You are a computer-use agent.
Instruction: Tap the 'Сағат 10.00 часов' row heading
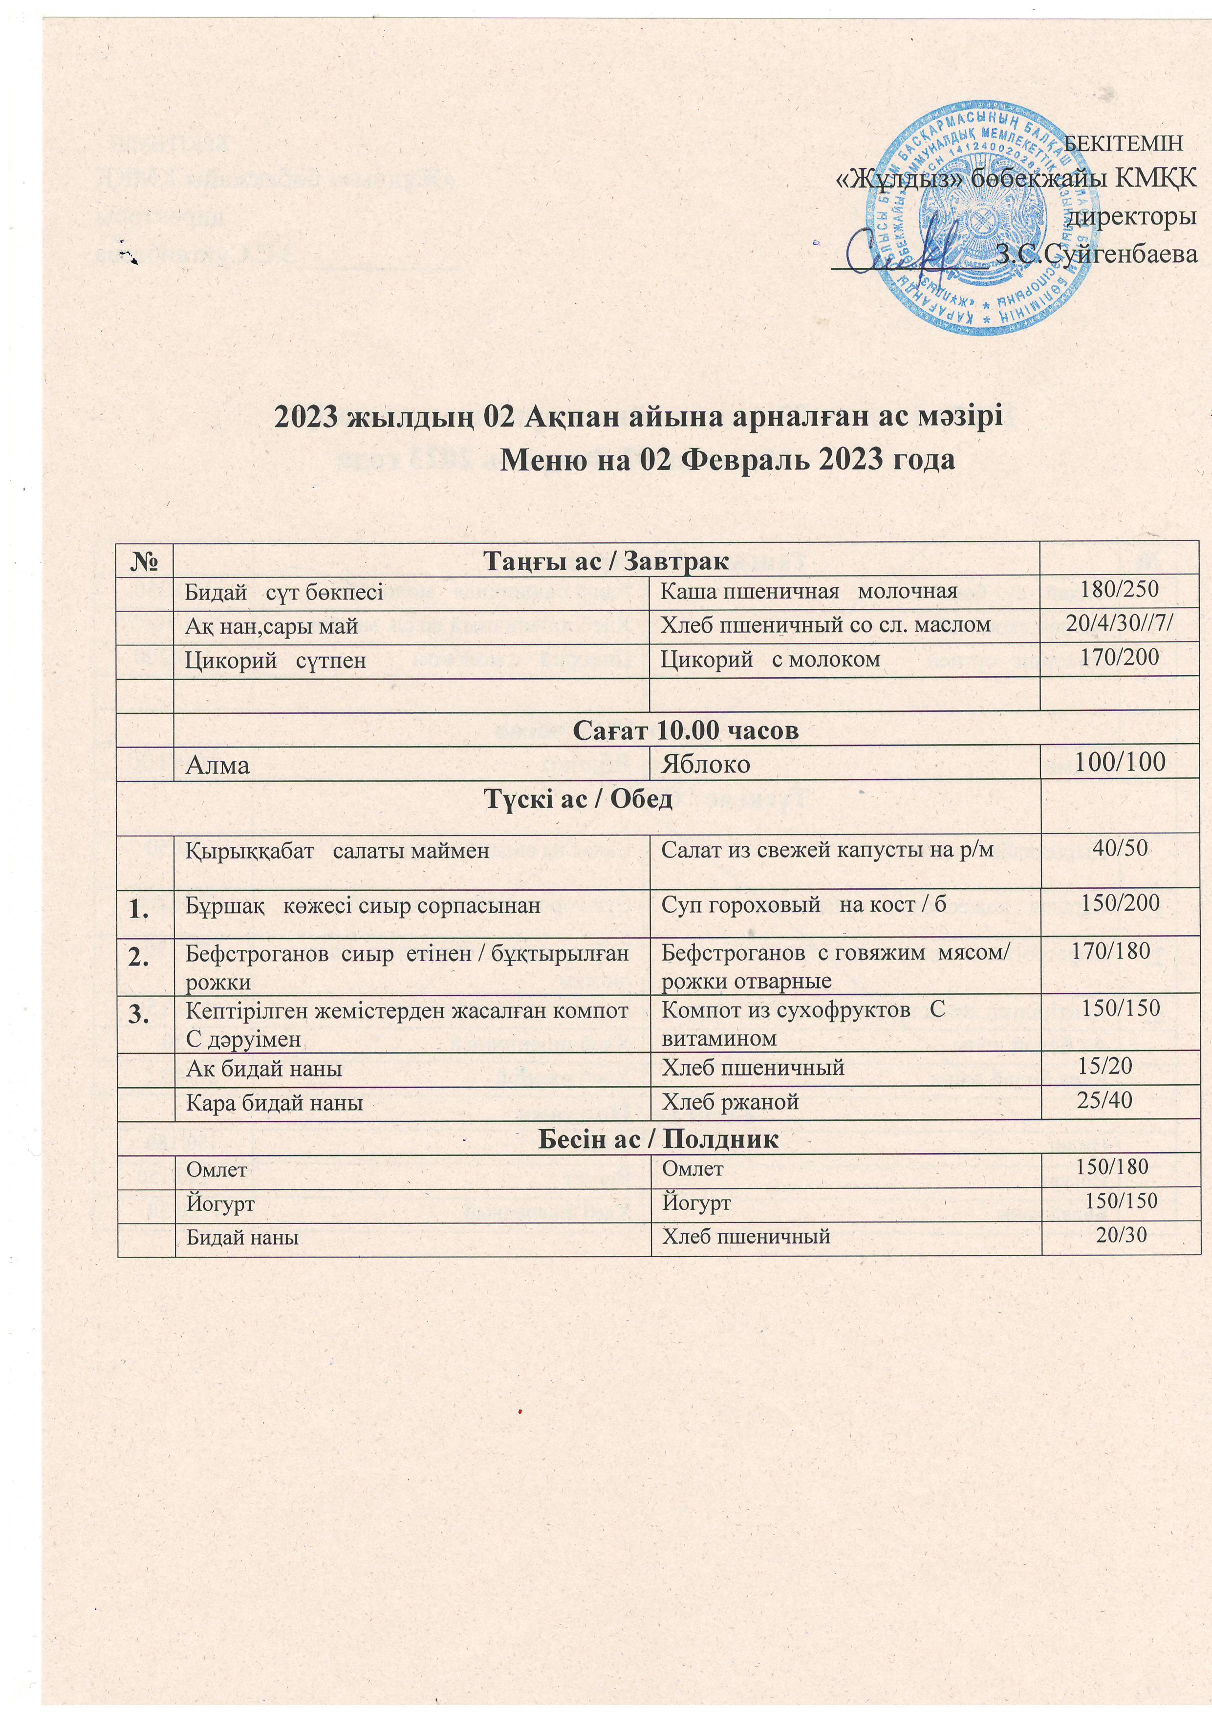[686, 730]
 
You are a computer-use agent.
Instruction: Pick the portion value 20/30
[1120, 1236]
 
